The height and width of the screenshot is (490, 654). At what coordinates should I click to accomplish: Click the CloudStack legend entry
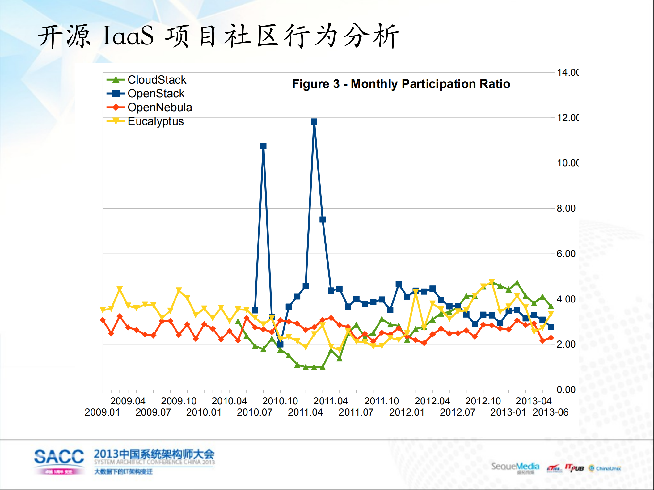click(x=157, y=80)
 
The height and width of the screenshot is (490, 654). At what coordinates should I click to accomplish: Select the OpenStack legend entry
click(x=156, y=93)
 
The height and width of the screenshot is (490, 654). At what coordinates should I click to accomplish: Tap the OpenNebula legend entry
click(x=159, y=107)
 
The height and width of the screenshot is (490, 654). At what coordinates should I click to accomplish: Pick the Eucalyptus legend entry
click(x=155, y=121)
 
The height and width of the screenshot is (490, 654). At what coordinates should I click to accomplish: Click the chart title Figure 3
click(x=401, y=84)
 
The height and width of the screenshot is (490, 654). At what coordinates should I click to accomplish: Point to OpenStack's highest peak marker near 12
click(x=314, y=121)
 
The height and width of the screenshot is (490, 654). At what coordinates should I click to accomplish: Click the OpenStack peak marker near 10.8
click(x=263, y=146)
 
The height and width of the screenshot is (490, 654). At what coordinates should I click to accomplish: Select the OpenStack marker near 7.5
click(x=323, y=219)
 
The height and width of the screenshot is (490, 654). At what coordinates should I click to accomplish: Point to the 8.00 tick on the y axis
click(x=566, y=208)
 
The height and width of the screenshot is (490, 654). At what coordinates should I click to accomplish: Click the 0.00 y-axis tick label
click(x=566, y=390)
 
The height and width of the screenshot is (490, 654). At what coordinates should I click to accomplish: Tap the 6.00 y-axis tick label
click(x=566, y=254)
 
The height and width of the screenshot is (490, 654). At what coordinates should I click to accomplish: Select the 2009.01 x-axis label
click(x=102, y=412)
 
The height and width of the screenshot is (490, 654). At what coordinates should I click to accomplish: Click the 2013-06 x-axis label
click(x=550, y=412)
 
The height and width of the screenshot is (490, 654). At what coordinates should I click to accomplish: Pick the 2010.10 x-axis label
click(x=280, y=401)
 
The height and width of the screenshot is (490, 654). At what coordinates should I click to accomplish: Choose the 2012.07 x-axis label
click(x=457, y=412)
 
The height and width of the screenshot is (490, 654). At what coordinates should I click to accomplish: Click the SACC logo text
click(x=59, y=456)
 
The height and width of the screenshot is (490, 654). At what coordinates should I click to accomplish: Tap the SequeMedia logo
click(x=515, y=467)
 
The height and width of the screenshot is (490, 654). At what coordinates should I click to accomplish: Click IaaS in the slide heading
click(x=128, y=36)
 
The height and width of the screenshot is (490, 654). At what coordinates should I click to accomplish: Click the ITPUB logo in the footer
click(x=574, y=468)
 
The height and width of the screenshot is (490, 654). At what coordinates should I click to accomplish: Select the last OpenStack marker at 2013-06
click(x=551, y=327)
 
